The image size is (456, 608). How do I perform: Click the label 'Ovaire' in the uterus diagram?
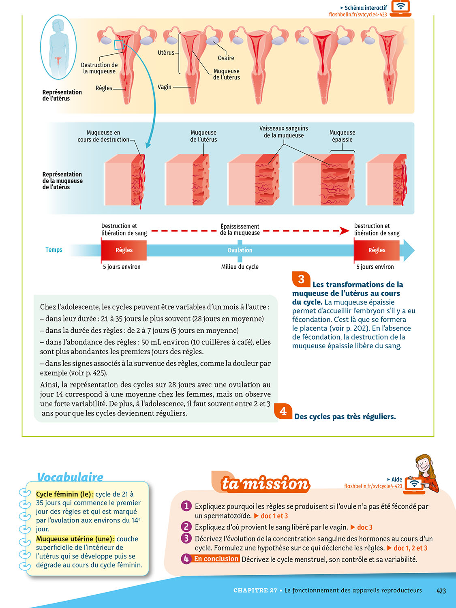(x=226, y=58)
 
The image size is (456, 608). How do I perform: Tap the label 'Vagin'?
(x=165, y=87)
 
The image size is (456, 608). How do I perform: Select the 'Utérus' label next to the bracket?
(x=166, y=53)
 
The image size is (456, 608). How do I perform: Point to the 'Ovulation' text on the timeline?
(x=240, y=250)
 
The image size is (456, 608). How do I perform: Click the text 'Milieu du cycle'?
(x=240, y=267)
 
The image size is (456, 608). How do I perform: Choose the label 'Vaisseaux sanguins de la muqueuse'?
(x=284, y=132)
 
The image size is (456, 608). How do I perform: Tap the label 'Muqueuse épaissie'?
(x=342, y=136)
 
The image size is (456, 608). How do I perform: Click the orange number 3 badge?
(x=301, y=279)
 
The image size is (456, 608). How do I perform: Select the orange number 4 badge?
(x=283, y=411)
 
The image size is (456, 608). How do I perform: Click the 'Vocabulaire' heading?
(x=70, y=477)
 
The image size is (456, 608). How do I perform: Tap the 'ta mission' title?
(x=265, y=484)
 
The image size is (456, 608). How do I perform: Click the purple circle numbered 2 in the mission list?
(x=186, y=527)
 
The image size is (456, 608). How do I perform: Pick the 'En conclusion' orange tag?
(x=216, y=559)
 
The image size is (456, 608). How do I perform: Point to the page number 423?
(x=441, y=591)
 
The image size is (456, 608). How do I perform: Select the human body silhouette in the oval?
(x=58, y=47)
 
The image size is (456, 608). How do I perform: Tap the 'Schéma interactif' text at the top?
(x=366, y=8)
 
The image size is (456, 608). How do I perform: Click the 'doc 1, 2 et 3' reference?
(x=410, y=548)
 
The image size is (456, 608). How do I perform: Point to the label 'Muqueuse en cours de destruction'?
(x=103, y=136)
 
